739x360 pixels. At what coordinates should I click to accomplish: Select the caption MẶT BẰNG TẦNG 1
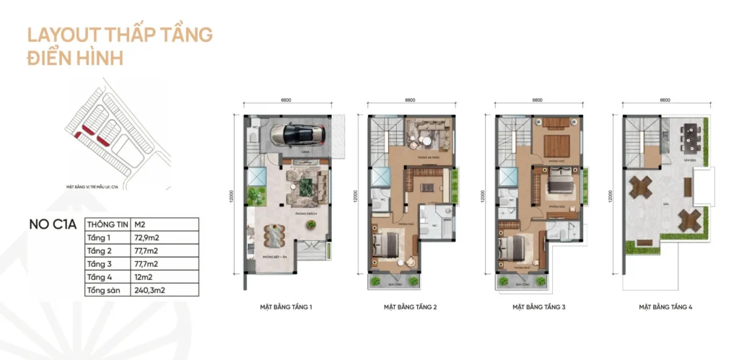coord(286,307)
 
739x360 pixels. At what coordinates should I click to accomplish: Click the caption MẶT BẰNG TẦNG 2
coord(410,307)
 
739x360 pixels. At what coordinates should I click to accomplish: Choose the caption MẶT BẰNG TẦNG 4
coord(665,307)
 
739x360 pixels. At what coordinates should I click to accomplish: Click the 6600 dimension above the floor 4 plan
coord(665,100)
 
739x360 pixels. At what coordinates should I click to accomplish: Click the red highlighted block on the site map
coord(87,131)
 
